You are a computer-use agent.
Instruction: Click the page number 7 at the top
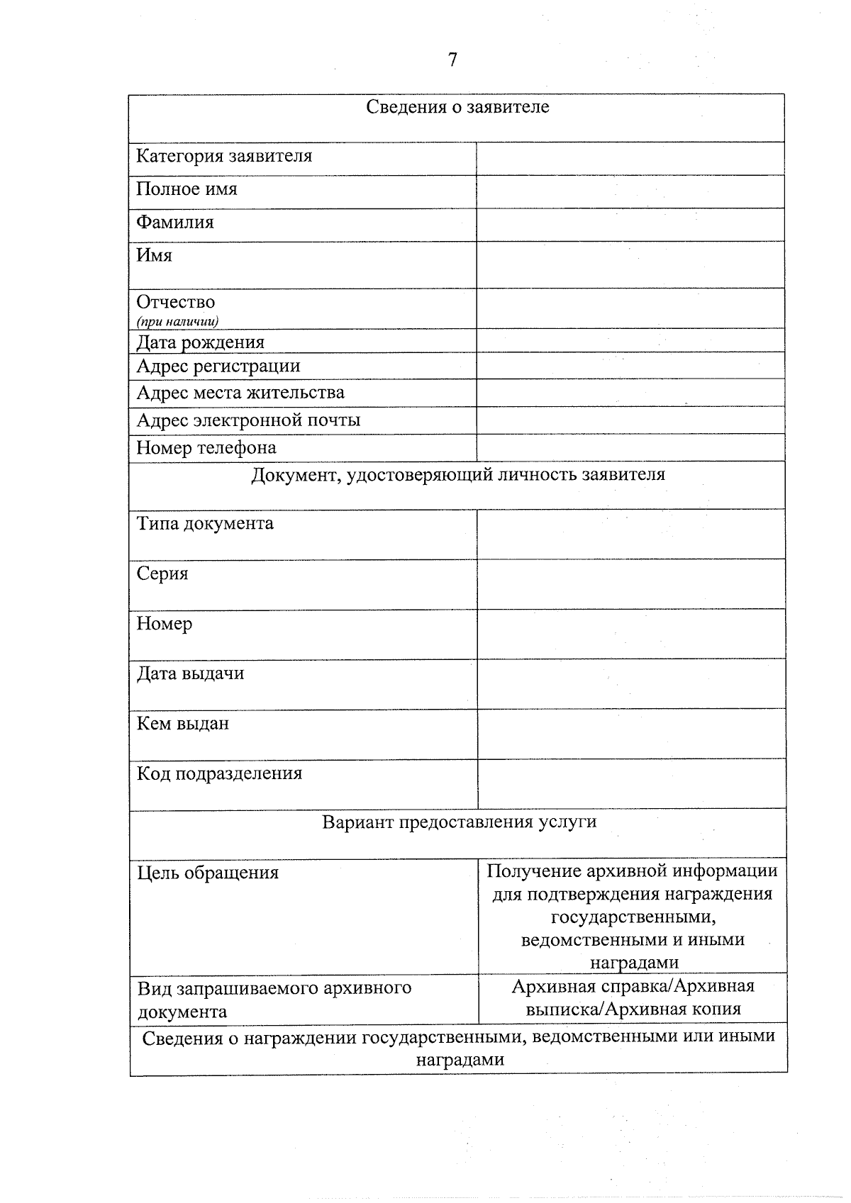(x=452, y=60)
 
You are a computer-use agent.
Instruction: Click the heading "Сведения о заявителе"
(x=457, y=107)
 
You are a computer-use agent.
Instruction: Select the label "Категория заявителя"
(x=224, y=156)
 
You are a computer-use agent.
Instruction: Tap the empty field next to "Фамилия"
(x=630, y=225)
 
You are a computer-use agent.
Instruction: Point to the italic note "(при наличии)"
(x=177, y=322)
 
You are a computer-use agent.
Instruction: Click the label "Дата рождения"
(x=200, y=342)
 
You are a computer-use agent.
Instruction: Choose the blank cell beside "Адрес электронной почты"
(x=630, y=420)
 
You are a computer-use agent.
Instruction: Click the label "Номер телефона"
(x=206, y=448)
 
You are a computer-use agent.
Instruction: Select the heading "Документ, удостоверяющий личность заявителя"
(x=458, y=475)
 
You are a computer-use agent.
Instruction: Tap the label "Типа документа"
(x=205, y=524)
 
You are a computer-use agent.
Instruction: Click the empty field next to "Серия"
(x=630, y=584)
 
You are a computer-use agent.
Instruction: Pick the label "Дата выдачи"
(x=190, y=673)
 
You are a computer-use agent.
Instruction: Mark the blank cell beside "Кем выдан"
(x=630, y=734)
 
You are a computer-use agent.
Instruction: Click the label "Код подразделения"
(x=219, y=773)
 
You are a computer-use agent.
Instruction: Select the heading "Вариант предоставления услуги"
(x=459, y=822)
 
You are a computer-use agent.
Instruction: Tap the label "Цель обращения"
(x=208, y=873)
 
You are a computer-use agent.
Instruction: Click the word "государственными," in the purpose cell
(x=633, y=917)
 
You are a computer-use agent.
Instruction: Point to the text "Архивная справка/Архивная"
(x=633, y=986)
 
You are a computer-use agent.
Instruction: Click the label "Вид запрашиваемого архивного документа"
(x=274, y=1000)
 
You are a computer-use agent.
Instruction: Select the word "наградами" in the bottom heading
(x=460, y=1061)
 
